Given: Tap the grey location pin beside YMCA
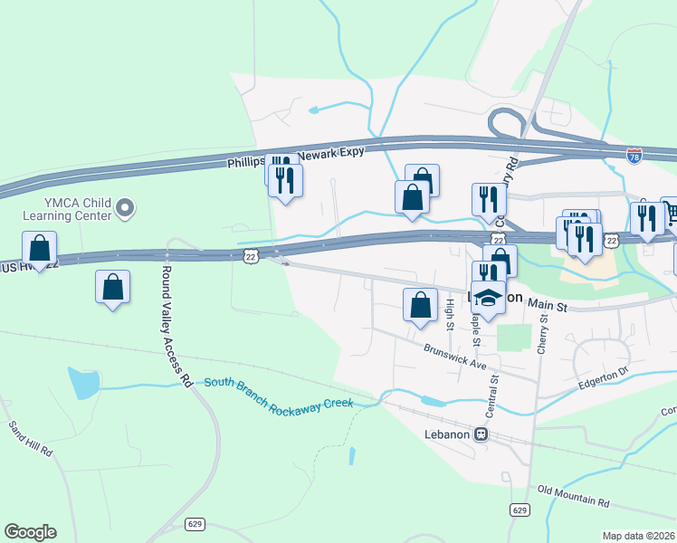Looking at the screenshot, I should point(126,210).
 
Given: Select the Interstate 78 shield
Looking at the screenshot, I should point(634,157).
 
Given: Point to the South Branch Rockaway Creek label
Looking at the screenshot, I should point(277,395).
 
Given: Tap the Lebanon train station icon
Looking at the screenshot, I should point(482,433).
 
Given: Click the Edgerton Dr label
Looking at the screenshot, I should point(603,378).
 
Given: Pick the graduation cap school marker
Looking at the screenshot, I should point(488,300).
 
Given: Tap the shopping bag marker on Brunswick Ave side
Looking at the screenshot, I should point(420,304).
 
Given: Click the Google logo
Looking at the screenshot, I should point(30,532).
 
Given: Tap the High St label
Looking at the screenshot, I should point(449,315).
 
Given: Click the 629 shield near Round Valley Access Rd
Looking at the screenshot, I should point(195,524).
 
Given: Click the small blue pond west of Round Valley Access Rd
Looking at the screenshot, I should point(83,384).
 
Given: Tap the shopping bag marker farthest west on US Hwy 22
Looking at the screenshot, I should point(40,247).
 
